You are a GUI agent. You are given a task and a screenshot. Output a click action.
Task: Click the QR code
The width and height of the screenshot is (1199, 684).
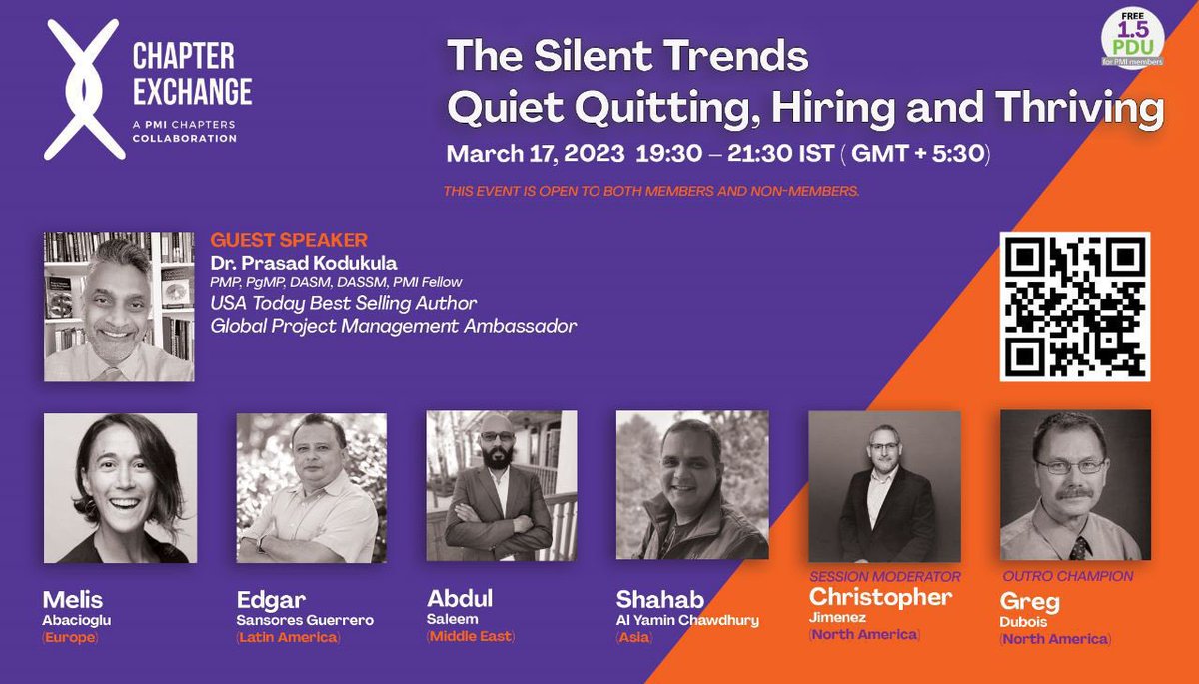pyautogui.click(x=1074, y=306)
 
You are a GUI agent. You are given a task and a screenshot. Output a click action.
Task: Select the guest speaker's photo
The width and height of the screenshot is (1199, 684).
pyautogui.click(x=119, y=307)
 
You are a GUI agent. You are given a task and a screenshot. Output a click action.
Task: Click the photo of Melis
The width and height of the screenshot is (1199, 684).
pyautogui.click(x=120, y=488)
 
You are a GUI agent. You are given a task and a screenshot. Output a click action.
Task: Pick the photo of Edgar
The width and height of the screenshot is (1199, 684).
pyautogui.click(x=311, y=488)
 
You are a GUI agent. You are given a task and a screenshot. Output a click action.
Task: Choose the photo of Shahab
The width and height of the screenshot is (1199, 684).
pyautogui.click(x=691, y=485)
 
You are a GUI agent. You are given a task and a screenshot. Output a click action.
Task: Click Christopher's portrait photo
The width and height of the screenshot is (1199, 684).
pyautogui.click(x=883, y=486)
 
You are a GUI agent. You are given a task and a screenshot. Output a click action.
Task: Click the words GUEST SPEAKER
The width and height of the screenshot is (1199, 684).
pyautogui.click(x=289, y=240)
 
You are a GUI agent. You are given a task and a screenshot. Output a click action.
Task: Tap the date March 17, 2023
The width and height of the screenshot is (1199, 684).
pyautogui.click(x=534, y=155)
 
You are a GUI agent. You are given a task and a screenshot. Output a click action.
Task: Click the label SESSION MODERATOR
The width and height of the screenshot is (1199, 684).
pyautogui.click(x=884, y=576)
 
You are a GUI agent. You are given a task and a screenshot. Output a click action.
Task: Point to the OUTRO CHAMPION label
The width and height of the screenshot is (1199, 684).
pyautogui.click(x=1067, y=576)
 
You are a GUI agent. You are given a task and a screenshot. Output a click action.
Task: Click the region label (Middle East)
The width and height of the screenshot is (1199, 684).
pyautogui.click(x=470, y=636)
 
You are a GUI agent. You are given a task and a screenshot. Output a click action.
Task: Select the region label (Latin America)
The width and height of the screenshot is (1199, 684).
pyautogui.click(x=288, y=637)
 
